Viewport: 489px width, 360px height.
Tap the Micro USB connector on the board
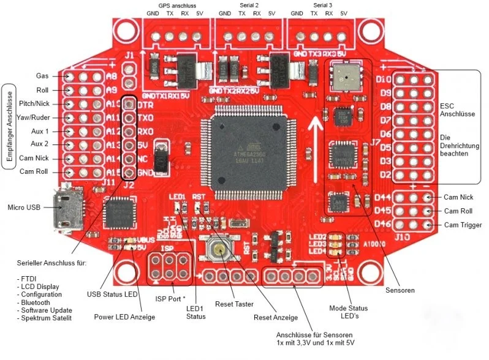[x=66, y=208]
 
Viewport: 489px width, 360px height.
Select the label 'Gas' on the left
[x=42, y=76]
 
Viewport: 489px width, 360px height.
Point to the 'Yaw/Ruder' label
[x=34, y=117]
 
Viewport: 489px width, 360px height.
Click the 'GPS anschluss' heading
[x=177, y=5]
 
